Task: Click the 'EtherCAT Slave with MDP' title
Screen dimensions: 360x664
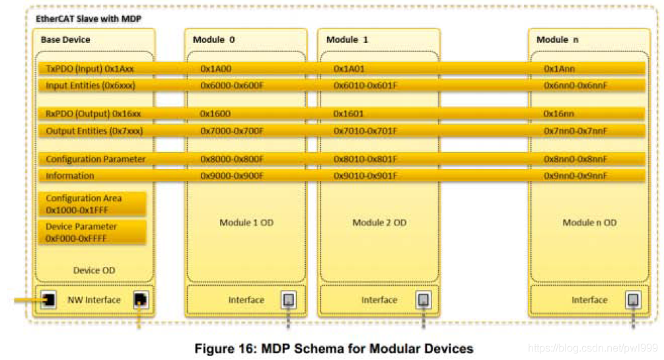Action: [x=89, y=18]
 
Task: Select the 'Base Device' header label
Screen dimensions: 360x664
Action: [x=65, y=40]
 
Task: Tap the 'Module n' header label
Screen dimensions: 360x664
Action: [x=557, y=40]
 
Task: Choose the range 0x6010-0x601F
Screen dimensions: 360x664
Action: [x=365, y=85]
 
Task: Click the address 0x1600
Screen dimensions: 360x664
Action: [x=215, y=114]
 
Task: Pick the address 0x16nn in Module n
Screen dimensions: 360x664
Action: [x=558, y=114]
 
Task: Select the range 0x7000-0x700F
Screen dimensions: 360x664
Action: [x=232, y=131]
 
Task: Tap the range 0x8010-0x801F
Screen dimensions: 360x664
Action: [x=365, y=159]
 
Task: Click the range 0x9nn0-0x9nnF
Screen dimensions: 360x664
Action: [x=575, y=176]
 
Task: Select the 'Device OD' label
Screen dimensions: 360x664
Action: [x=94, y=270]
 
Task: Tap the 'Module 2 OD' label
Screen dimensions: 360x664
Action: [x=379, y=223]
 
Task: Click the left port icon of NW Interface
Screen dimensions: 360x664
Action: [x=48, y=301]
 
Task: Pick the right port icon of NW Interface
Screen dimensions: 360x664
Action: [x=141, y=301]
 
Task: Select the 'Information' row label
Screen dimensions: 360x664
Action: [x=70, y=176]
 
